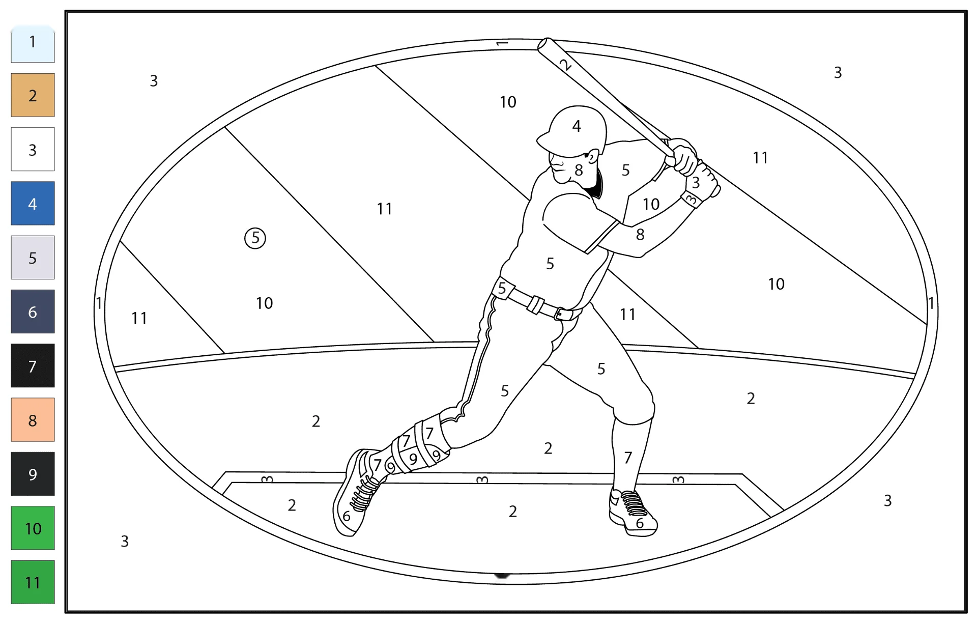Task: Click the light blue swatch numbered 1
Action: (33, 43)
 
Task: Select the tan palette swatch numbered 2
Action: (33, 95)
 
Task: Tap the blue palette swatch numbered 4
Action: (33, 204)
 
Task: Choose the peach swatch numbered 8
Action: (33, 420)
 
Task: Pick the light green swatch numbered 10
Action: (33, 528)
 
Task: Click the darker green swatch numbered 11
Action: (33, 582)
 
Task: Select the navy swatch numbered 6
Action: (33, 311)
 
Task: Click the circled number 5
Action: (255, 238)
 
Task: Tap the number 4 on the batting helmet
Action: (577, 126)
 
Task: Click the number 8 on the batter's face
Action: (579, 171)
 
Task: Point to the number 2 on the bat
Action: (565, 65)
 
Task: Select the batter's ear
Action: (592, 156)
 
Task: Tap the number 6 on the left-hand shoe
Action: (347, 516)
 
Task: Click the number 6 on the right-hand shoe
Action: (640, 523)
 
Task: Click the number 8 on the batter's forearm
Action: (640, 235)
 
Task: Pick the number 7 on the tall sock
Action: (628, 458)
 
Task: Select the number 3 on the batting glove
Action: (696, 183)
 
